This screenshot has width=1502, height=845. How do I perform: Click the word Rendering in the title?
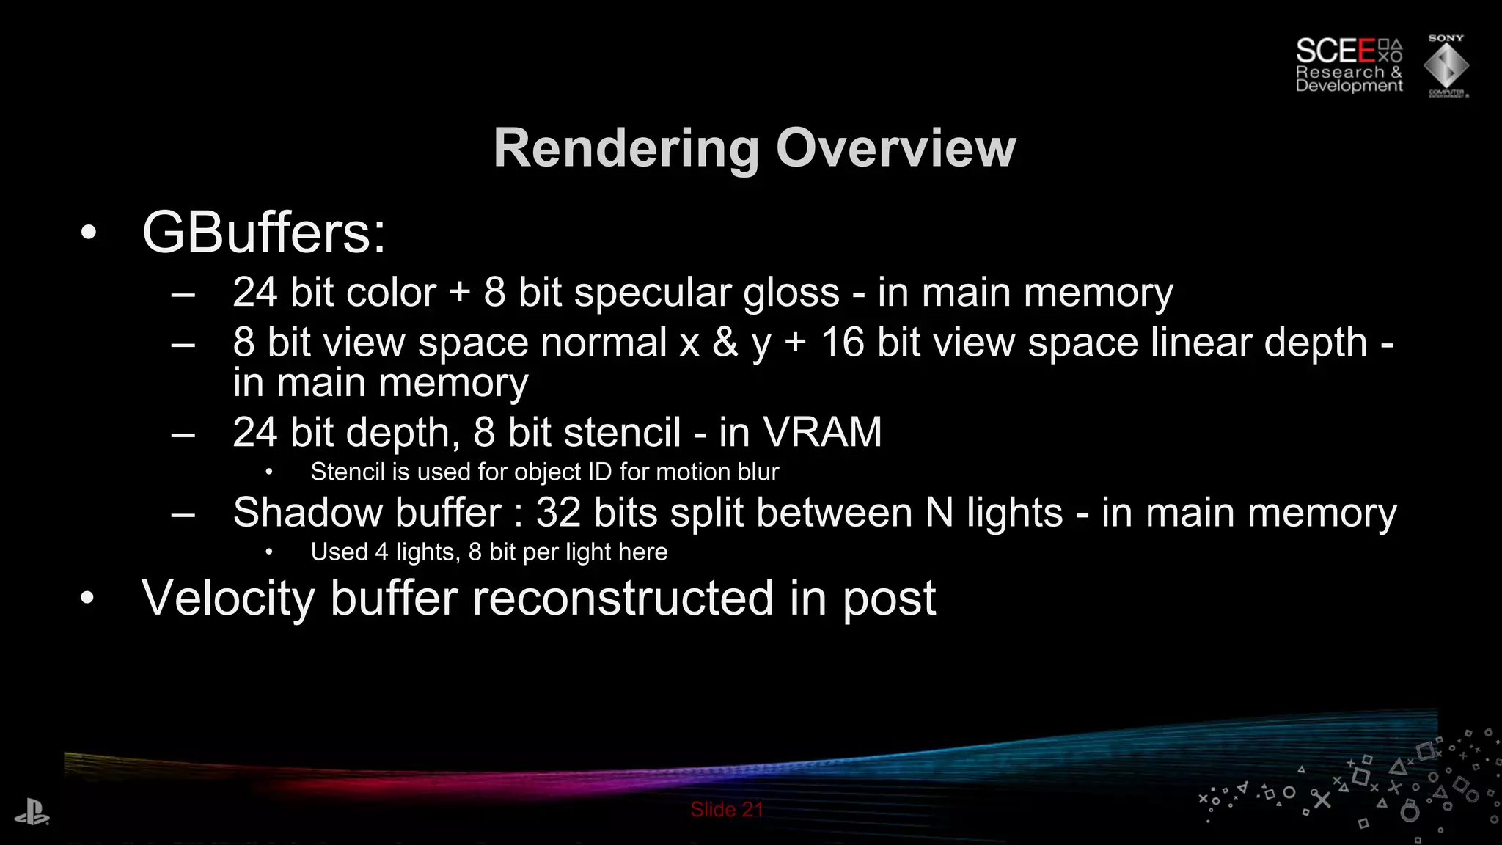click(626, 150)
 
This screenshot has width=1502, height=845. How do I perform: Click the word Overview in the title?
click(895, 148)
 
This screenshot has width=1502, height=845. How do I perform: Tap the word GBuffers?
click(263, 233)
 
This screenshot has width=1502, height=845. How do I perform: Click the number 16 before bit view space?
click(842, 343)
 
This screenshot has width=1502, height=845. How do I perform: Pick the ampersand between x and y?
click(725, 343)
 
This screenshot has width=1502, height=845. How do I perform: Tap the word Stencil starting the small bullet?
click(348, 472)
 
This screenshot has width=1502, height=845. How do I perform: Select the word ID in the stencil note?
click(599, 472)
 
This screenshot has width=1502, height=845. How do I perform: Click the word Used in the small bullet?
click(339, 552)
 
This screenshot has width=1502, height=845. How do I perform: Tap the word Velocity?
click(228, 598)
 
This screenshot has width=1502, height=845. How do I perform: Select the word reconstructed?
click(623, 598)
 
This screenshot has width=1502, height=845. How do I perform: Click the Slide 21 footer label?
click(726, 810)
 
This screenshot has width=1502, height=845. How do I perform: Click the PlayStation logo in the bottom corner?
click(32, 814)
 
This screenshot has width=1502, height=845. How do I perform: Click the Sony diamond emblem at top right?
click(1446, 67)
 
